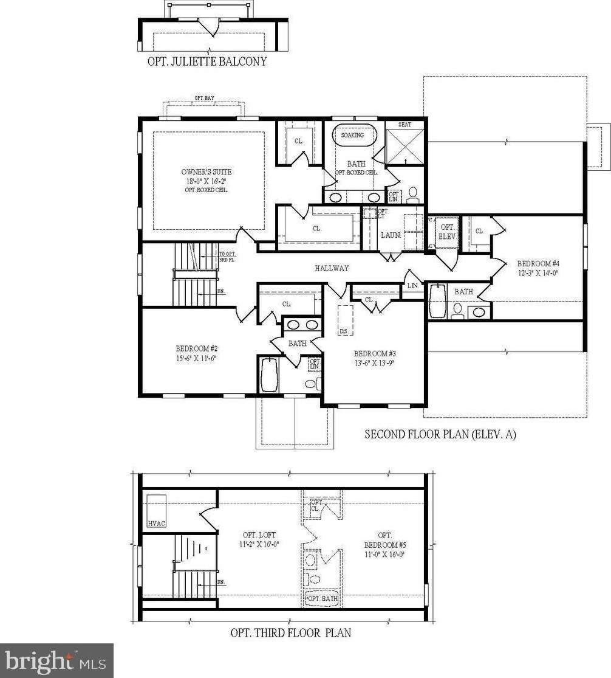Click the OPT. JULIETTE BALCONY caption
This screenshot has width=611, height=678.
pyautogui.click(x=207, y=61)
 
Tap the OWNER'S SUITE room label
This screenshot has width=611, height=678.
pyautogui.click(x=207, y=172)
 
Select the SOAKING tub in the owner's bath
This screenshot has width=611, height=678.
pyautogui.click(x=353, y=135)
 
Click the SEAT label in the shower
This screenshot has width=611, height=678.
pyautogui.click(x=404, y=125)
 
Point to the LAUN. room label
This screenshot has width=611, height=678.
pyautogui.click(x=391, y=235)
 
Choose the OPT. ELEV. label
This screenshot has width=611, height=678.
pyautogui.click(x=446, y=232)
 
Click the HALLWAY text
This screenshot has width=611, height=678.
pyautogui.click(x=332, y=268)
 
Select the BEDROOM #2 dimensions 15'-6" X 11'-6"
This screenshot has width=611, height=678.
pyautogui.click(x=196, y=358)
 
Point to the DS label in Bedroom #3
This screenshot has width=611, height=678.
pyautogui.click(x=343, y=331)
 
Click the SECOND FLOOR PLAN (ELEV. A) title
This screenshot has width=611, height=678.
pyautogui.click(x=440, y=434)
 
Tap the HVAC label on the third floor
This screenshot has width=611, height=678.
pyautogui.click(x=156, y=523)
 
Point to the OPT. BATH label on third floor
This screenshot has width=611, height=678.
pyautogui.click(x=323, y=598)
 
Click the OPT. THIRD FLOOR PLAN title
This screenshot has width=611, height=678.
pyautogui.click(x=290, y=632)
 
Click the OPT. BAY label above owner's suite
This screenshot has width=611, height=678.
pyautogui.click(x=204, y=98)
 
